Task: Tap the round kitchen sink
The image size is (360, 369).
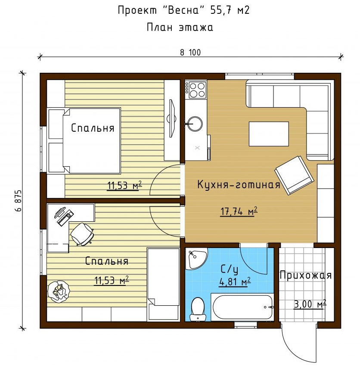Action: [195, 123]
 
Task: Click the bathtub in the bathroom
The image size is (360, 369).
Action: [242, 307]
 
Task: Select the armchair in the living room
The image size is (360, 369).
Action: [295, 175]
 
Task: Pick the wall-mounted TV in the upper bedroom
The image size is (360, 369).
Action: [171, 118]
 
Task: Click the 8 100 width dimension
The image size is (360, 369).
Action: [191, 53]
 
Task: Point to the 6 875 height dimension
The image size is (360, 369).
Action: [19, 201]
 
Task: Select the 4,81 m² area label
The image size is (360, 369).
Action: [234, 282]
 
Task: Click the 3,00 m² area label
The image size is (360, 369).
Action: [310, 304]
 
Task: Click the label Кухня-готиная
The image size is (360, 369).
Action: [239, 184]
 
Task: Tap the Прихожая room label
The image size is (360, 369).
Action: [306, 275]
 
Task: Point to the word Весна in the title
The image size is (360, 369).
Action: [184, 10]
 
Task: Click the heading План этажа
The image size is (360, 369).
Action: [180, 27]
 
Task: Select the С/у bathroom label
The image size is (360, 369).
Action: [230, 270]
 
